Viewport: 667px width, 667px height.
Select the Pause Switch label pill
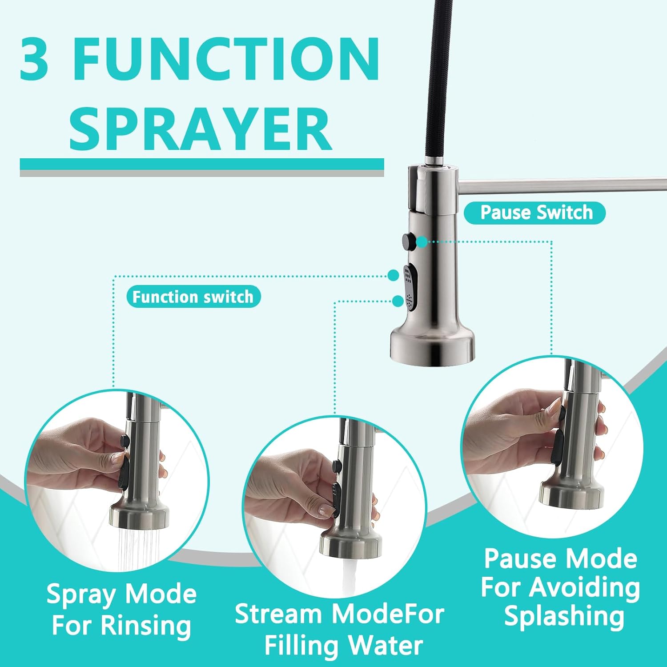(x=535, y=213)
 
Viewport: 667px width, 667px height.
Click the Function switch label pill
(x=193, y=297)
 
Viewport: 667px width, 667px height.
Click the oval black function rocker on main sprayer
(x=410, y=285)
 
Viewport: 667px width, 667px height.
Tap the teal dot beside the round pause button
(x=422, y=242)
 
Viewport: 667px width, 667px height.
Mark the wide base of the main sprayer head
(x=432, y=345)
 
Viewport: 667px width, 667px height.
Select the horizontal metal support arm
(x=563, y=185)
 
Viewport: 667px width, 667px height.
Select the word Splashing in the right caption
(x=564, y=617)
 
